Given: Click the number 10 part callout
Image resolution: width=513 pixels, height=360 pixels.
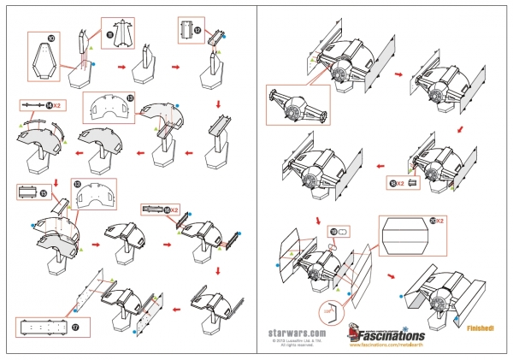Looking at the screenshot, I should pos(51,38).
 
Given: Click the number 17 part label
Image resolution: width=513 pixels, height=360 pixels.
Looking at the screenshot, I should pos(74,327).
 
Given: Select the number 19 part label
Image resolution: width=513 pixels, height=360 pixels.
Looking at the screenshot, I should pos(334,230).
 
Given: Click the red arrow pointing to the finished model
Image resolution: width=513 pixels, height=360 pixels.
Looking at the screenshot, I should pos(391,275).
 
